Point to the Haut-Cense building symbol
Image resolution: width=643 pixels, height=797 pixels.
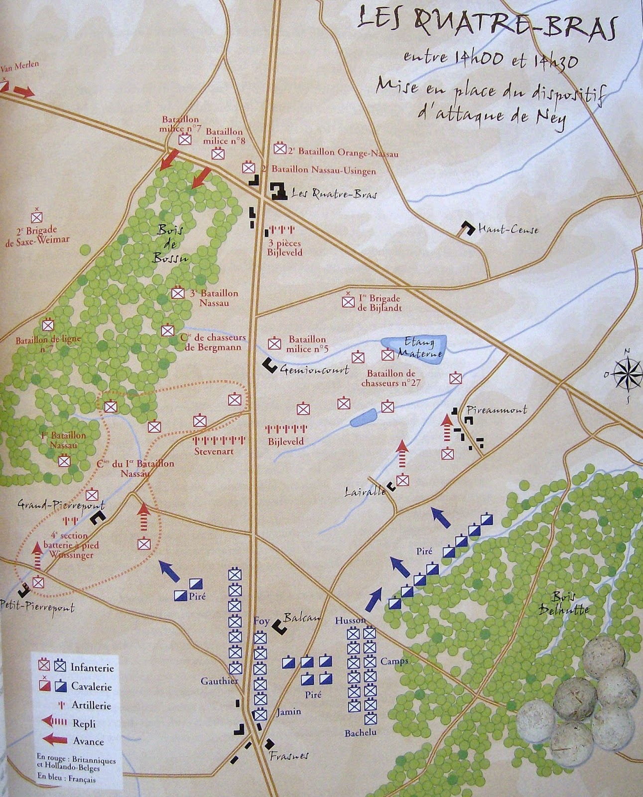[x=467, y=229]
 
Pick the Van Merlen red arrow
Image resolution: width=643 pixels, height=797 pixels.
[x=23, y=92]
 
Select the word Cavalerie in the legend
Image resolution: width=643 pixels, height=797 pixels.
[x=91, y=686]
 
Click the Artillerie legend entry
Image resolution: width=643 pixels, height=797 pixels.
[x=91, y=705]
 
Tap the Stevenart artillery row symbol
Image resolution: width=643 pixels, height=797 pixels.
[x=218, y=440]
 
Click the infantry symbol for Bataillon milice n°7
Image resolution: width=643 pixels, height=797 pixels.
[x=185, y=140]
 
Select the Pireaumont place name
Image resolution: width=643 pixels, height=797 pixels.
[x=496, y=410]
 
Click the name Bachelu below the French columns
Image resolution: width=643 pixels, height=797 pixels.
[x=361, y=733]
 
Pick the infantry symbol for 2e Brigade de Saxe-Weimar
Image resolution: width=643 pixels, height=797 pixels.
[x=37, y=217]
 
